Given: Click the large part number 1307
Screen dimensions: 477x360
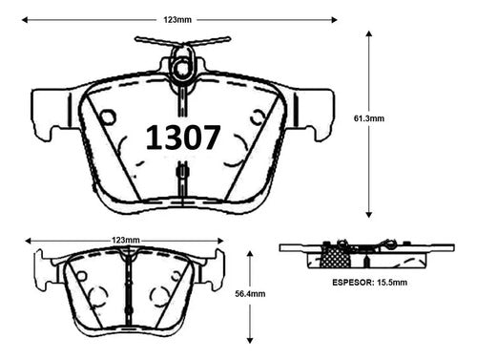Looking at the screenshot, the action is (183, 138).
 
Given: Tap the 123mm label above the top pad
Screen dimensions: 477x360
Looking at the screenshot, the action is (177, 20).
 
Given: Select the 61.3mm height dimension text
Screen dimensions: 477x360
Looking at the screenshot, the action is (369, 118).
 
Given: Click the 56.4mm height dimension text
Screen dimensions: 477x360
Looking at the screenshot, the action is (250, 293).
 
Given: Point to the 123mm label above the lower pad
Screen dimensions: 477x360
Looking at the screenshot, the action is (126, 240).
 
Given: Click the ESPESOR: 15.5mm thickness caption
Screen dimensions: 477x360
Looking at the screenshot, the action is (369, 283).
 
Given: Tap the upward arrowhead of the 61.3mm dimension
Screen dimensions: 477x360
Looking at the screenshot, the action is (369, 33).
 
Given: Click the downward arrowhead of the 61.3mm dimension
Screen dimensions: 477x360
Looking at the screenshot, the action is (369, 215).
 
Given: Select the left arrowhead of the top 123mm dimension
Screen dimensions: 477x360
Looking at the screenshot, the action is (25, 20).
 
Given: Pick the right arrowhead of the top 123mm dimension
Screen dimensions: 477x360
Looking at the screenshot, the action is (334, 20).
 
